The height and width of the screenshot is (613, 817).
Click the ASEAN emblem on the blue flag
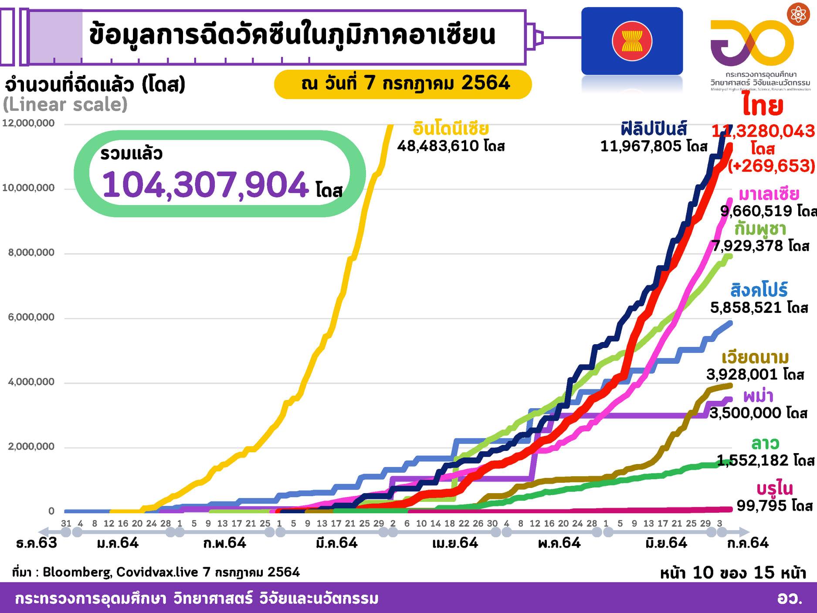[x=632, y=41]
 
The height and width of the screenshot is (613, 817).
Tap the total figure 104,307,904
[x=205, y=185]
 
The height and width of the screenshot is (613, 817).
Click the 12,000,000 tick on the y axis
[x=29, y=123]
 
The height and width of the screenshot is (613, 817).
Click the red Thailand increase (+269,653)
[x=771, y=166]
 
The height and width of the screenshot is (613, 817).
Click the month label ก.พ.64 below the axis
[x=225, y=543]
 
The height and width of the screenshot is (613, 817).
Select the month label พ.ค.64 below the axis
[x=559, y=543]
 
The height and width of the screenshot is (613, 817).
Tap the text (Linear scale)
[x=65, y=105]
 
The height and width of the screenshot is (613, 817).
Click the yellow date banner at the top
[x=403, y=84]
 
